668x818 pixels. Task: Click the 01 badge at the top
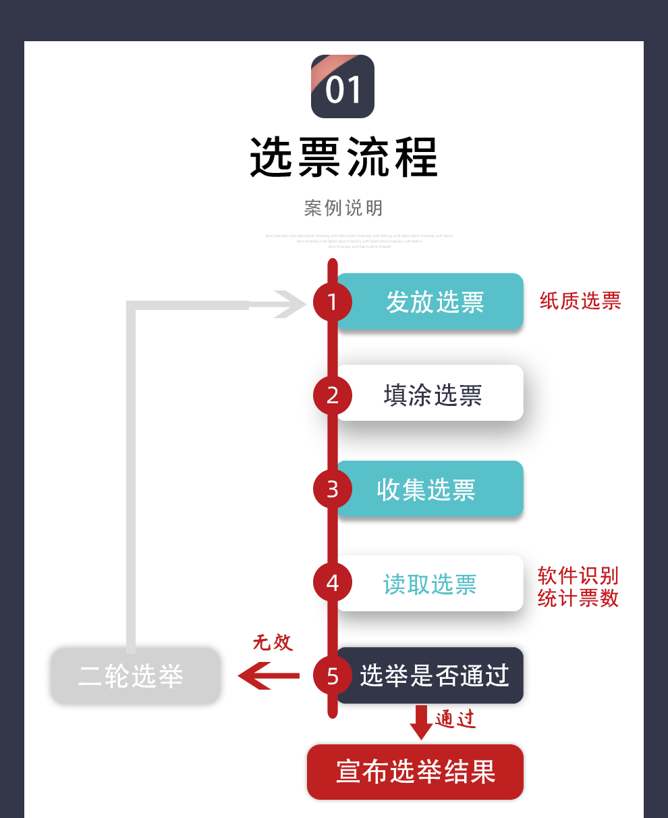click(x=342, y=86)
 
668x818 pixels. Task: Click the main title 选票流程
click(x=343, y=157)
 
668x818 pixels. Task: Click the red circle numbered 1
click(x=333, y=301)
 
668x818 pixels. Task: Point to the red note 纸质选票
click(x=580, y=301)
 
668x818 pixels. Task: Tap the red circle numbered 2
click(x=333, y=395)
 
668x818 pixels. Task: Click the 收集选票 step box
click(x=432, y=489)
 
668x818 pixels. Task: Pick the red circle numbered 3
click(x=333, y=489)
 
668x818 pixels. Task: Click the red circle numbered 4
click(x=333, y=583)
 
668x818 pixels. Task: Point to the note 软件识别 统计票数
click(x=578, y=587)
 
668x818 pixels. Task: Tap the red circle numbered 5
click(x=333, y=676)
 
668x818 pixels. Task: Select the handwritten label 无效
click(x=273, y=642)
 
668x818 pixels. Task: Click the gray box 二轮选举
click(x=135, y=676)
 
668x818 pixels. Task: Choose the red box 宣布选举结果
click(x=415, y=772)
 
